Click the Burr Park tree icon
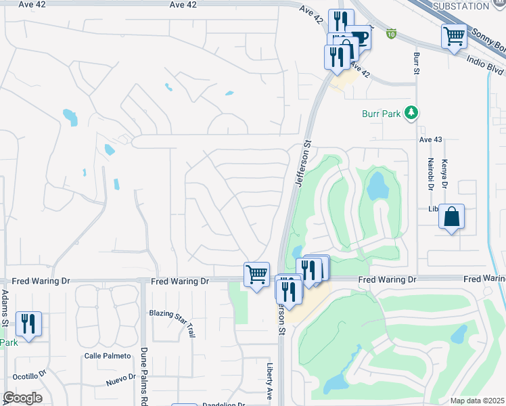(409, 112)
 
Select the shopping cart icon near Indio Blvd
(454, 36)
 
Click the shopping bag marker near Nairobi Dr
(451, 217)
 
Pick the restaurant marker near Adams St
(28, 323)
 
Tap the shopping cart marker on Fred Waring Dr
(256, 274)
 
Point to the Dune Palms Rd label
(143, 371)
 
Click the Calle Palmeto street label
(106, 356)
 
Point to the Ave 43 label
(430, 139)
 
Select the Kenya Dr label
(446, 174)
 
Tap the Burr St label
(416, 60)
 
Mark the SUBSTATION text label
(460, 6)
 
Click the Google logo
(22, 398)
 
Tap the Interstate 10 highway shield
(392, 32)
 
